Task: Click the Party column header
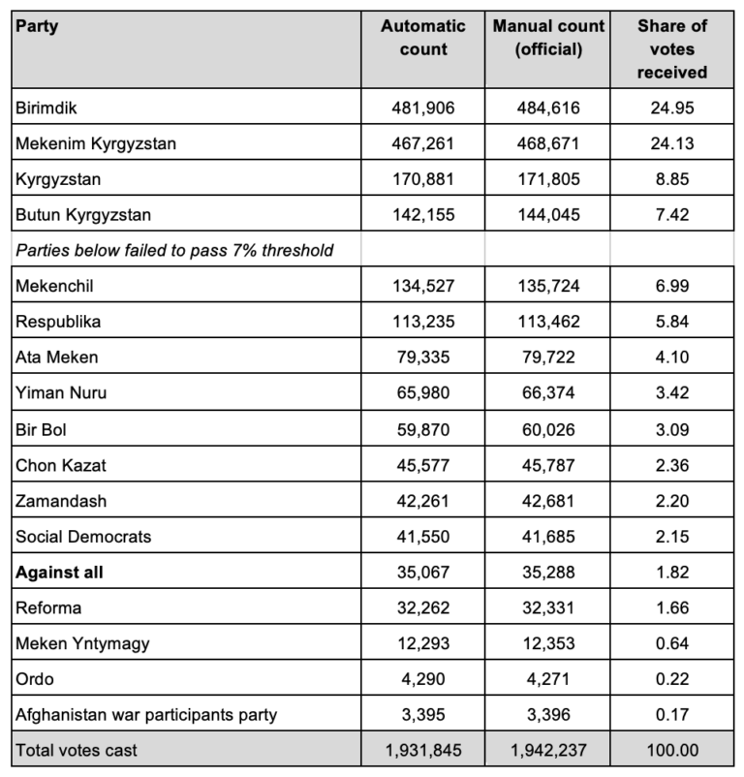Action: pyautogui.click(x=37, y=26)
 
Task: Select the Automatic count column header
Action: pyautogui.click(x=423, y=37)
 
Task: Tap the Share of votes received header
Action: pyautogui.click(x=672, y=48)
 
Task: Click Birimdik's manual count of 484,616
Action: pyautogui.click(x=548, y=108)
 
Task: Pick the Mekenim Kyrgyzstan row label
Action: pyautogui.click(x=96, y=143)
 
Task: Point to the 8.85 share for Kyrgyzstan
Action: pyautogui.click(x=672, y=179)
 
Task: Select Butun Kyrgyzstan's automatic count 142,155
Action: pyautogui.click(x=423, y=214)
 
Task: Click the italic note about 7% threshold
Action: pyautogui.click(x=174, y=250)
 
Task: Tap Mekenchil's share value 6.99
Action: pyautogui.click(x=672, y=286)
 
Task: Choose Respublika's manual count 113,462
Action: pyautogui.click(x=548, y=322)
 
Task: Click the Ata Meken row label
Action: pyautogui.click(x=56, y=357)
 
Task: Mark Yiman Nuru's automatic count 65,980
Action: pyautogui.click(x=423, y=392)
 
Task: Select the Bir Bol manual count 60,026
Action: pyautogui.click(x=548, y=429)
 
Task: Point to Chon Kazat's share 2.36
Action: pyautogui.click(x=672, y=465)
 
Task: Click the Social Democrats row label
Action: pyautogui.click(x=83, y=536)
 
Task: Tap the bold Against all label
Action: pyautogui.click(x=59, y=572)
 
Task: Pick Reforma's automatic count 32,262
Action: pyautogui.click(x=423, y=607)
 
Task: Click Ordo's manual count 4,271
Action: pyautogui.click(x=548, y=679)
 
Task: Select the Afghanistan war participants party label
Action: pyautogui.click(x=146, y=715)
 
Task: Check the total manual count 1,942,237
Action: pyautogui.click(x=548, y=750)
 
